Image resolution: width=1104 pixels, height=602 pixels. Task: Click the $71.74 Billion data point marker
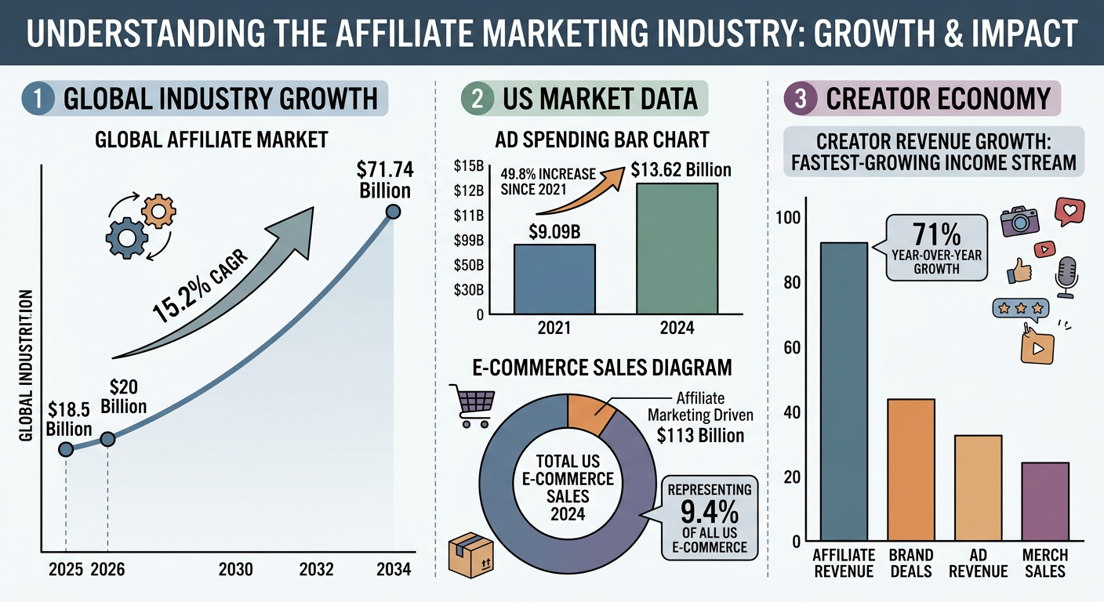click(x=394, y=212)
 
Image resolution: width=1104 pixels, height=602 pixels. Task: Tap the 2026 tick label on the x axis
click(x=107, y=570)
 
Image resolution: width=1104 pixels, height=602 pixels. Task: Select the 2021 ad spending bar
click(x=554, y=279)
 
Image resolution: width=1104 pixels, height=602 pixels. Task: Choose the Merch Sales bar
click(x=1045, y=502)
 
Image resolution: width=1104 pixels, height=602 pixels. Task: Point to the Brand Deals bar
click(x=910, y=470)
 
